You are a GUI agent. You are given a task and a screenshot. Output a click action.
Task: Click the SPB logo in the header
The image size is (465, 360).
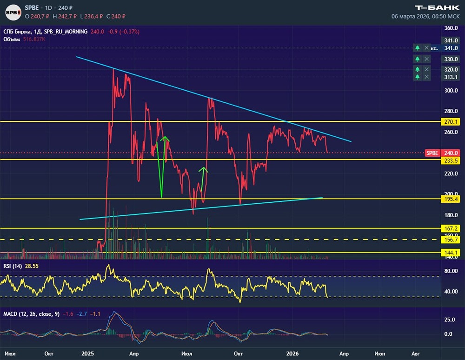pyautogui.click(x=13, y=13)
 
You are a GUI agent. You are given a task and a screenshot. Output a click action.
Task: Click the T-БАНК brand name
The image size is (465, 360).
pyautogui.click(x=437, y=8)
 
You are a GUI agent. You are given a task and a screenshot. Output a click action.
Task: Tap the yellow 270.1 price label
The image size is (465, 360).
pyautogui.click(x=451, y=122)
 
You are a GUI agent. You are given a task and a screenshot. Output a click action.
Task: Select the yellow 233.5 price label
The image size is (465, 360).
pyautogui.click(x=451, y=161)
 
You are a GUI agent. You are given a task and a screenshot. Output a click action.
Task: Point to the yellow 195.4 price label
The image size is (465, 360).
pyautogui.click(x=451, y=199)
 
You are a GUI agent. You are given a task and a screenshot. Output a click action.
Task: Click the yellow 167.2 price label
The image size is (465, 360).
pyautogui.click(x=451, y=228)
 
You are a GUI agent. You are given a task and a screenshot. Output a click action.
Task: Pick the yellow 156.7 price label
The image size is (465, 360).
pyautogui.click(x=451, y=240)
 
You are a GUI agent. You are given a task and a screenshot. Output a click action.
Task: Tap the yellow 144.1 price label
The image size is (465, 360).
pyautogui.click(x=451, y=253)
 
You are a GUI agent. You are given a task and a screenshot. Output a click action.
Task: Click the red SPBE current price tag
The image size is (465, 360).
pyautogui.click(x=432, y=153)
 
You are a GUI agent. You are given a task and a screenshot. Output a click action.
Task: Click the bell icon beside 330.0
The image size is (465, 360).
pyautogui.click(x=418, y=59)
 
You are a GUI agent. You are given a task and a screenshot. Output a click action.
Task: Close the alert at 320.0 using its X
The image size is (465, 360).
pyautogui.click(x=426, y=69)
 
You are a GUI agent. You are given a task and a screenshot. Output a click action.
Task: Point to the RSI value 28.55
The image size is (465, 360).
pyautogui.click(x=32, y=266)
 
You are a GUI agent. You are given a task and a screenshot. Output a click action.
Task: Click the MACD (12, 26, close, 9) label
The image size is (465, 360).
pyautogui.click(x=32, y=314)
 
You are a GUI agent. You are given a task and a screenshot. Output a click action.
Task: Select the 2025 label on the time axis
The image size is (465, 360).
pyautogui.click(x=87, y=353)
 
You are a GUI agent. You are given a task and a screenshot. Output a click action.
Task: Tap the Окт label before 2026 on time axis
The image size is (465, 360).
pyautogui.click(x=238, y=353)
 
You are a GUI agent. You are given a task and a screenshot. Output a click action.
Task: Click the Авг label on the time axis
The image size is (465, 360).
pyautogui.click(x=415, y=353)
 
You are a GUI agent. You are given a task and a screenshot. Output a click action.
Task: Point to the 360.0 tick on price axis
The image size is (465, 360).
pyautogui.click(x=451, y=28)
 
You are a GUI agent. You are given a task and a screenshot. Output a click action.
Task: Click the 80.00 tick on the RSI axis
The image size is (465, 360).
pyautogui.click(x=451, y=271)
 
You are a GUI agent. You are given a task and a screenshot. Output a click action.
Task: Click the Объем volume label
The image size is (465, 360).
pyautogui.click(x=12, y=39)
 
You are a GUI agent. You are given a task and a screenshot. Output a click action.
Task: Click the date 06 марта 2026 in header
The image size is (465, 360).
pyautogui.click(x=411, y=16)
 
